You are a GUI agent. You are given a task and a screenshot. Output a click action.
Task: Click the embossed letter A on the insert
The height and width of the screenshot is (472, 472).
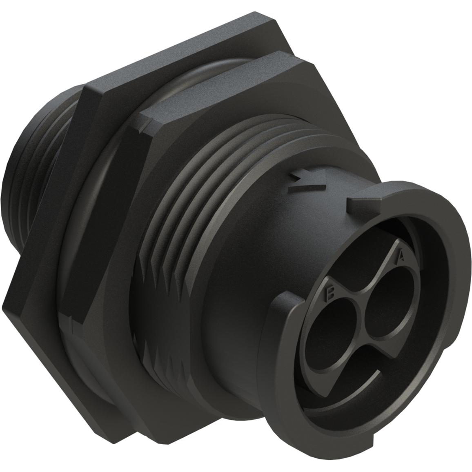click(401, 256)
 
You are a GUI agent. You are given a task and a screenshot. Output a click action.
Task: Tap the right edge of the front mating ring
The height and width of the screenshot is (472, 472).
click(453, 286)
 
